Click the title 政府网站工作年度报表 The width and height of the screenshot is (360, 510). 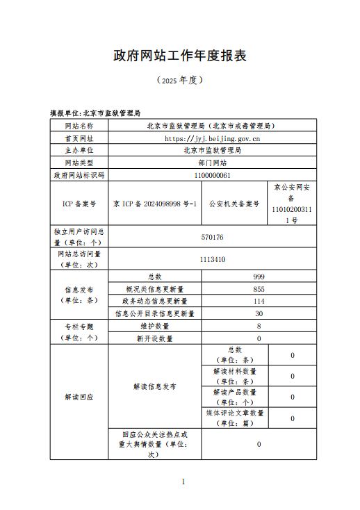click(180, 55)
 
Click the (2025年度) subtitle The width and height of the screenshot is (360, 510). click(180, 80)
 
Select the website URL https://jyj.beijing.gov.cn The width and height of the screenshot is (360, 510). click(212, 138)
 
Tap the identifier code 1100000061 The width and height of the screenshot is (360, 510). click(212, 175)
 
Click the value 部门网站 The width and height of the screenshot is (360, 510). click(212, 163)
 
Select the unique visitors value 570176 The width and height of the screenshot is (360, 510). click(212, 237)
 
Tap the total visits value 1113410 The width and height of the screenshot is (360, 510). click(212, 260)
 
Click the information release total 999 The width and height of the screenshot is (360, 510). click(259, 277)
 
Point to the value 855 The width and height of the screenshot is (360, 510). click(259, 288)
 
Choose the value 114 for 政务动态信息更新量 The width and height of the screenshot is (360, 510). click(259, 301)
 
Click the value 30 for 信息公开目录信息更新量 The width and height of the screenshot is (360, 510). click(259, 313)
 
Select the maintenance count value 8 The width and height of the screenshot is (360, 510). click(259, 326)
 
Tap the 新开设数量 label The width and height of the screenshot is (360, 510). click(154, 338)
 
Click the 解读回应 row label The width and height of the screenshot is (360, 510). click(79, 397)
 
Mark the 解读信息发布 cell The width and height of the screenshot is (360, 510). click(154, 386)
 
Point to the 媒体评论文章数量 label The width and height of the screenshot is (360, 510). click(234, 418)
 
